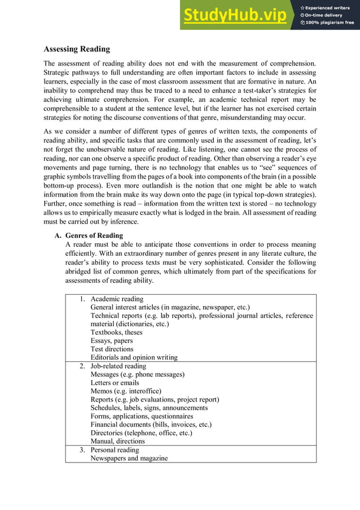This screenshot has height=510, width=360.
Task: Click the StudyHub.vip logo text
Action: tap(238, 15)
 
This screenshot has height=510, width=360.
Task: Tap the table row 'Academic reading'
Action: tap(117, 299)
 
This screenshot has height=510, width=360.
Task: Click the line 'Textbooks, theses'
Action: tap(116, 332)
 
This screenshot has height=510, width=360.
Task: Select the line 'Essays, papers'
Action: tap(112, 341)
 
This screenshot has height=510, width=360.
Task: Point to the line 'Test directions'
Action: tap(112, 349)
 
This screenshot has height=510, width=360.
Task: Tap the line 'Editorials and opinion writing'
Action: tap(134, 358)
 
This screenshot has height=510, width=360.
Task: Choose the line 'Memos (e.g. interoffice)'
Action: tap(126, 391)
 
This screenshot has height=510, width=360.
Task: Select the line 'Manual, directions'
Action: tap(117, 441)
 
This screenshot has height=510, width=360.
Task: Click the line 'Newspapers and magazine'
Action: tap(129, 458)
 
